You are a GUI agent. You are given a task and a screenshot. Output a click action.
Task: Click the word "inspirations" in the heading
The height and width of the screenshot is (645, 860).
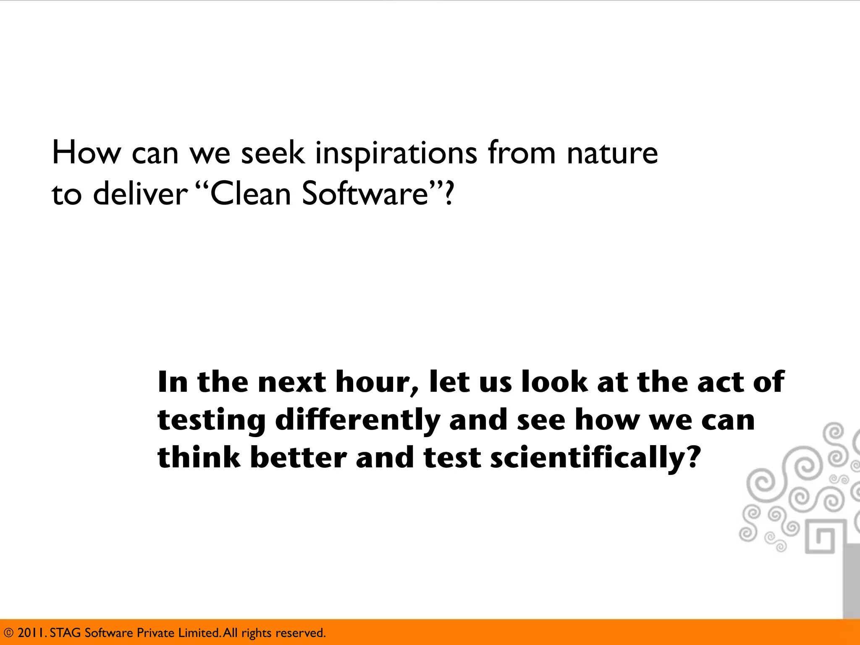tap(396, 154)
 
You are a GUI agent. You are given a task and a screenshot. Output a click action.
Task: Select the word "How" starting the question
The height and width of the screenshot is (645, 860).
tap(86, 153)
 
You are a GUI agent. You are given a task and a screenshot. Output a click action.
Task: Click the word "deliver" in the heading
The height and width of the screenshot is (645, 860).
tap(140, 194)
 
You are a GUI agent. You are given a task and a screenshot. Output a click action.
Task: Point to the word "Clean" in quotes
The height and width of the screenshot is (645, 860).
tap(250, 194)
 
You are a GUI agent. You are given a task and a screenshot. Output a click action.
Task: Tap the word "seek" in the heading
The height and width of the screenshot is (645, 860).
tap(273, 153)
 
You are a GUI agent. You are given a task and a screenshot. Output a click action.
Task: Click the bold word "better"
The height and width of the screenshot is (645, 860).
tap(298, 458)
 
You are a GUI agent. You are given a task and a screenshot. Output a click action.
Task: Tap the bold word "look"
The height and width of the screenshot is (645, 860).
tap(554, 382)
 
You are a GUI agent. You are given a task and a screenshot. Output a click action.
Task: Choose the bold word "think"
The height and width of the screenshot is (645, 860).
tap(199, 458)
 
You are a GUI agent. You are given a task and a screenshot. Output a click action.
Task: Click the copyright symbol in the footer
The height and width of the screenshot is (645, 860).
tap(8, 633)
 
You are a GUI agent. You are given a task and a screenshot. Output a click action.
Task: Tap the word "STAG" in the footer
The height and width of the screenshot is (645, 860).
tap(65, 633)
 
